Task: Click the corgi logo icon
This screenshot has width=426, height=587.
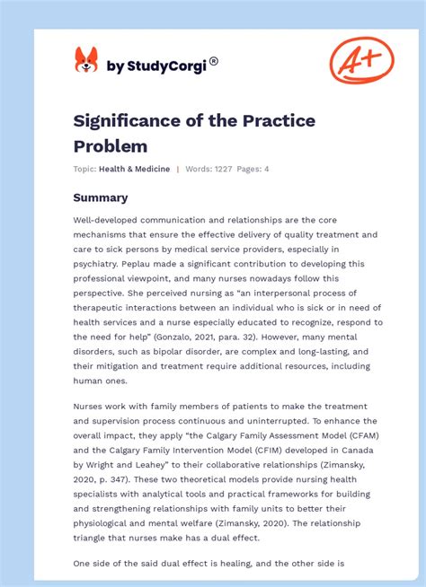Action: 86,60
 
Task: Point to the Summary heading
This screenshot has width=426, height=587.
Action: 101,197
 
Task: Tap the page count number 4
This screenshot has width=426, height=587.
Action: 266,169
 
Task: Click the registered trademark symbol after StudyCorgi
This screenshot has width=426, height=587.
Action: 213,60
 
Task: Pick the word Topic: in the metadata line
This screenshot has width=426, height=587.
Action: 85,169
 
